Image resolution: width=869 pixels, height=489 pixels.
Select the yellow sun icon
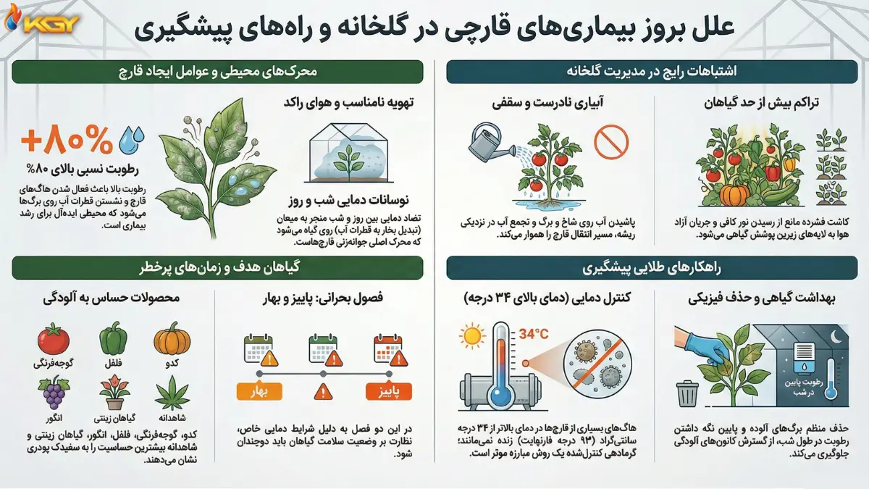(x=473, y=335)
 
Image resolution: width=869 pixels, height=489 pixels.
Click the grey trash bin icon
(x=687, y=395)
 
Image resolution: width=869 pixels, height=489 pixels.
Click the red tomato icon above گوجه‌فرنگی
(x=53, y=338)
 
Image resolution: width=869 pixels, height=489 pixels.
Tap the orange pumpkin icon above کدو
(x=172, y=339)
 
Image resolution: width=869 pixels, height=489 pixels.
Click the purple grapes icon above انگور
(x=53, y=393)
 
